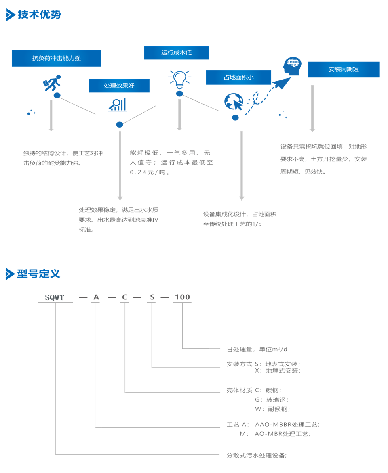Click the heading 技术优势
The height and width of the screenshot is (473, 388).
point(39,15)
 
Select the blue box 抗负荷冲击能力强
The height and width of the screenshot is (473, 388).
point(56,58)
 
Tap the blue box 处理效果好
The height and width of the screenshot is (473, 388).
point(119,86)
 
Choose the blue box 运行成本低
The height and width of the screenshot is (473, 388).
point(176,53)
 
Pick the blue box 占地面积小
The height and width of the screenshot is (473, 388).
point(238,77)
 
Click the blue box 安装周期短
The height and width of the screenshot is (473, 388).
point(344,69)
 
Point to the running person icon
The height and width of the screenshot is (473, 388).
point(52,84)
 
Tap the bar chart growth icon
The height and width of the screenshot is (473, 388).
point(117,105)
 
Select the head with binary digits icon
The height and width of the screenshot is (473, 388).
point(292,66)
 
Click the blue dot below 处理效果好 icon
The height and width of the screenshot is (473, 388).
point(119,124)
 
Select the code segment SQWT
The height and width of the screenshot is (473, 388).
point(55,297)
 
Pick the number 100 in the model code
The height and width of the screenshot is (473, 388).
point(182,297)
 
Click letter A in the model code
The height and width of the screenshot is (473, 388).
point(96,297)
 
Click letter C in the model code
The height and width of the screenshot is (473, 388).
point(124,297)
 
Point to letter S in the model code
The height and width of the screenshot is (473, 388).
point(152,297)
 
